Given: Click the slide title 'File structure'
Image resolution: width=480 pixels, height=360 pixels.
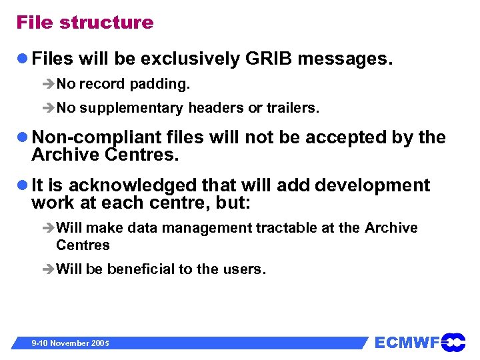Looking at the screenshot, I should [85, 23].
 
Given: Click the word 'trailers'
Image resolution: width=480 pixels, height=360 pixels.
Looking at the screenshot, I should [292, 108].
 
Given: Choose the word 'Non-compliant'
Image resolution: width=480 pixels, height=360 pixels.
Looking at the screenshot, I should [97, 138].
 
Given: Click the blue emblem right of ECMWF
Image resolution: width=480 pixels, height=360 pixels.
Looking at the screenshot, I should [453, 342].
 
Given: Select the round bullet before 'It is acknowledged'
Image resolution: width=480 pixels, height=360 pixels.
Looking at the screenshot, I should [23, 185].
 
